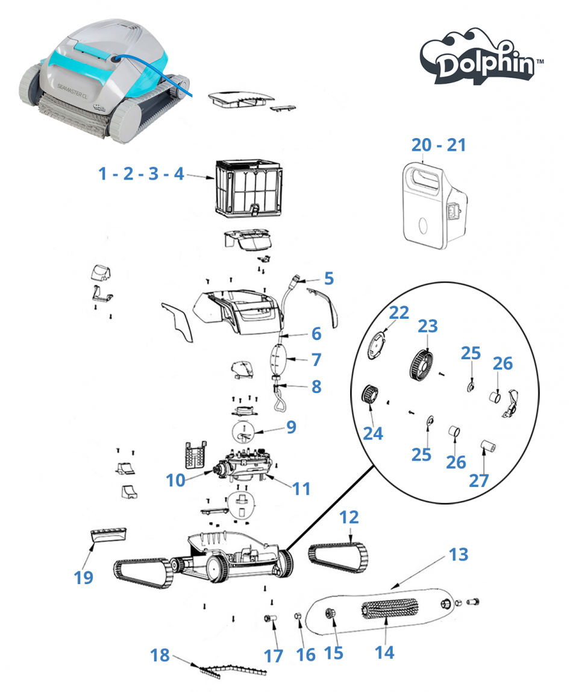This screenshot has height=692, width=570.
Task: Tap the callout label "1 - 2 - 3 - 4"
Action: click(x=141, y=174)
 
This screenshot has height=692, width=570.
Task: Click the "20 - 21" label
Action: click(x=439, y=145)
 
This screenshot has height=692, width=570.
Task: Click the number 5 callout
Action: click(x=328, y=278)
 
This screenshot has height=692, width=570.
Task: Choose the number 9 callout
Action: click(x=291, y=427)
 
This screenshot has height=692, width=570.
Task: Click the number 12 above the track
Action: click(x=349, y=518)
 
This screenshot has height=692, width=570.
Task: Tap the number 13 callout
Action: click(x=459, y=555)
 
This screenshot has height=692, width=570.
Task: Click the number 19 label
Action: click(x=84, y=577)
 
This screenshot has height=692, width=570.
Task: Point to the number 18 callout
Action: click(x=160, y=655)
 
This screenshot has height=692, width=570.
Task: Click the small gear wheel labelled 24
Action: click(x=368, y=396)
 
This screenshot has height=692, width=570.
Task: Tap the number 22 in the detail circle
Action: click(x=399, y=313)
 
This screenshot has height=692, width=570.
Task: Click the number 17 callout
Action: click(x=274, y=656)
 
